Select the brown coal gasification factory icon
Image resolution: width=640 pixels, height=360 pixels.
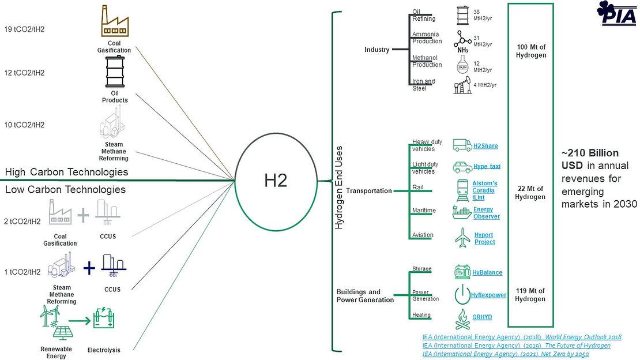[x=114, y=22]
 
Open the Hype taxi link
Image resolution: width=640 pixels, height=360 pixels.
[x=487, y=166]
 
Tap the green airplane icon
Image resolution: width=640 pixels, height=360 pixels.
[x=462, y=238]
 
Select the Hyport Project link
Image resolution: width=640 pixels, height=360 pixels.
[x=484, y=238]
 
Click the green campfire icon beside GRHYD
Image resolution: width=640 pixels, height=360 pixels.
[x=462, y=318]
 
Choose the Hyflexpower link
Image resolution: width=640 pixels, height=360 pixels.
[x=488, y=295]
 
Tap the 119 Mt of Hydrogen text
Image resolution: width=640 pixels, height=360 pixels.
[x=530, y=295]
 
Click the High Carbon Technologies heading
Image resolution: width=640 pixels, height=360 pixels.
[x=66, y=172]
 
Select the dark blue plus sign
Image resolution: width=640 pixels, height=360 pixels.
[x=89, y=267]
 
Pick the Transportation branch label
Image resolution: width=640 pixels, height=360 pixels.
[x=370, y=191]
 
